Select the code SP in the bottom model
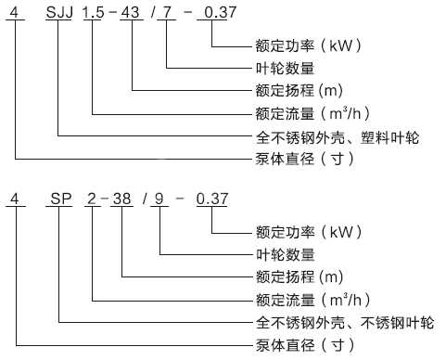pos(59,199)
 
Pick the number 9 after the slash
pos(160,199)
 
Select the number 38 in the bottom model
pos(125,199)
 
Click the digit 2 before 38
pos(94,199)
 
